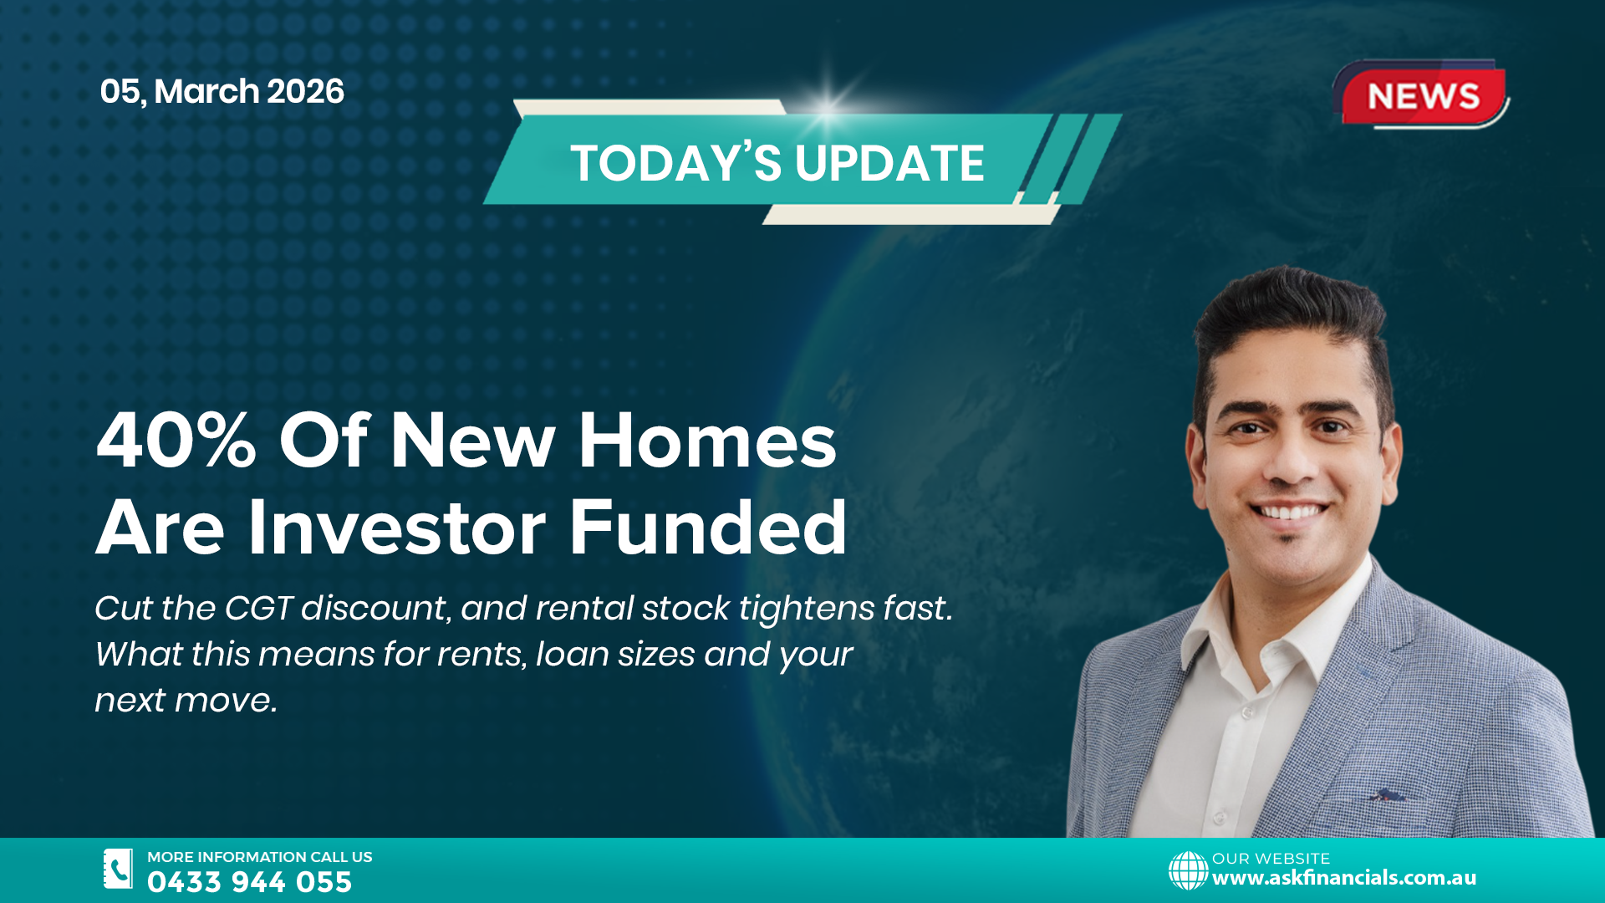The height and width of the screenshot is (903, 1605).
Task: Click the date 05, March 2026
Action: pos(222,91)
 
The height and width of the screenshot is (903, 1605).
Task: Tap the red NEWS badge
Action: pos(1423,95)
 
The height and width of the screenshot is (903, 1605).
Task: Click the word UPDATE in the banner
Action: pos(889,163)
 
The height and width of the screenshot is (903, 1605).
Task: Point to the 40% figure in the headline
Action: pos(176,441)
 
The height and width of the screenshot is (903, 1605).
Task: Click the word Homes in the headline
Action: pos(707,441)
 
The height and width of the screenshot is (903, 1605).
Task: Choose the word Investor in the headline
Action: pos(397,528)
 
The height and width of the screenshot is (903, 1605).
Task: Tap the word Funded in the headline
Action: pos(708,528)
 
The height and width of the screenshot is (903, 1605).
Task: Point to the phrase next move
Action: pos(186,701)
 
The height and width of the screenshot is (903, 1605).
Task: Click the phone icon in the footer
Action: pos(118,869)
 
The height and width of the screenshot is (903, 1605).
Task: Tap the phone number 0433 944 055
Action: pos(249,882)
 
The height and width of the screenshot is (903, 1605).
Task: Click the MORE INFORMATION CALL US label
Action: pos(259,857)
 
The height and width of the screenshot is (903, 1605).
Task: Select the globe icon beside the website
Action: pos(1188,870)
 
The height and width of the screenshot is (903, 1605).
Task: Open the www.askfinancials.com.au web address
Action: pos(1343,878)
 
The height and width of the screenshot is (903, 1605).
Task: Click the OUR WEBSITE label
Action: pos(1271,859)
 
